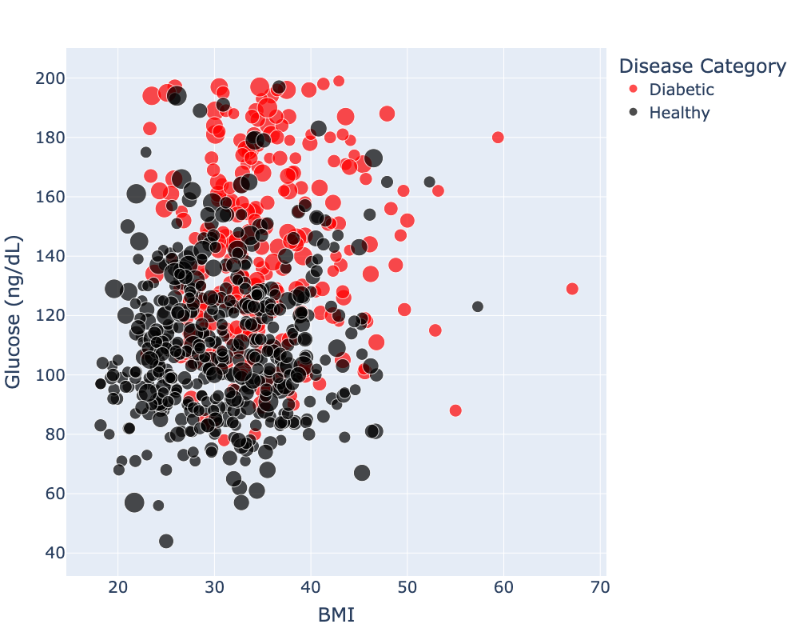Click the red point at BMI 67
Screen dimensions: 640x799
click(572, 289)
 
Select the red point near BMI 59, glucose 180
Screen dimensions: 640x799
click(498, 138)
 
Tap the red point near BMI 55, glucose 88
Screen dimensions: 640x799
click(455, 410)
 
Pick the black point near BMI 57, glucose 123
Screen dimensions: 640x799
click(478, 306)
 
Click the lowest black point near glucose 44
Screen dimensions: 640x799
click(166, 541)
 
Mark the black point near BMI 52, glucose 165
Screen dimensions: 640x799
click(429, 182)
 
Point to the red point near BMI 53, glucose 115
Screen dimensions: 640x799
click(435, 330)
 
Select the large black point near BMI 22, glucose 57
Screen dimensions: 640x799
click(134, 502)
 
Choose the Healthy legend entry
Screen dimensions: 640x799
click(678, 113)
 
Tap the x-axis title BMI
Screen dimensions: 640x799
click(336, 615)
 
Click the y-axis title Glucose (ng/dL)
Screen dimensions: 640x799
click(14, 313)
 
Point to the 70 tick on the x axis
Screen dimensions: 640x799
click(600, 586)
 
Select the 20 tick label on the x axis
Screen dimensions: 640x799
click(118, 586)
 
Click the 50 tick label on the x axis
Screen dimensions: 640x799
click(407, 586)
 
